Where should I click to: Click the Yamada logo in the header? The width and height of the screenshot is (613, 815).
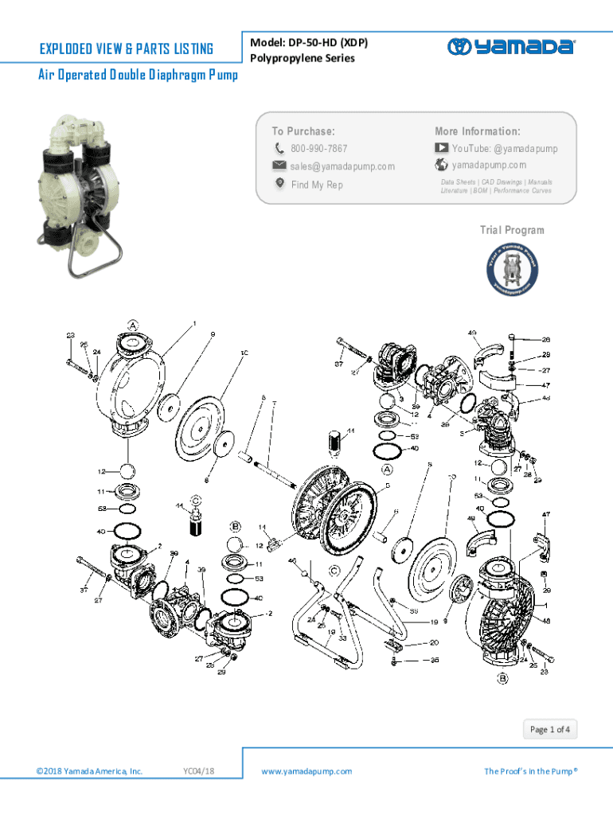(x=510, y=47)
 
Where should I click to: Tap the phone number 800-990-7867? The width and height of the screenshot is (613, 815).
(x=318, y=149)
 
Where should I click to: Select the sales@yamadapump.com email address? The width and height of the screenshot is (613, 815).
(x=342, y=166)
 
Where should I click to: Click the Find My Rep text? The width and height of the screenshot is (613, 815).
(x=317, y=185)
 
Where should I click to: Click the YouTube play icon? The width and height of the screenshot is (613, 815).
(x=442, y=148)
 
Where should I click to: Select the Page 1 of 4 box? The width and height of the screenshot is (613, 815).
(x=550, y=729)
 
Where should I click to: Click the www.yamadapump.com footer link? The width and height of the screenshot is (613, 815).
(x=306, y=771)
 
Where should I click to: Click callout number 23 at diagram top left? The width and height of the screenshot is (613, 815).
(x=71, y=336)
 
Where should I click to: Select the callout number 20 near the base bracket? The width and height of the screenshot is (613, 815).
(x=434, y=643)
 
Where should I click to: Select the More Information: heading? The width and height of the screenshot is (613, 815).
(x=477, y=131)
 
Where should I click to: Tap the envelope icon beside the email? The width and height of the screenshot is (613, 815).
(x=279, y=166)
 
